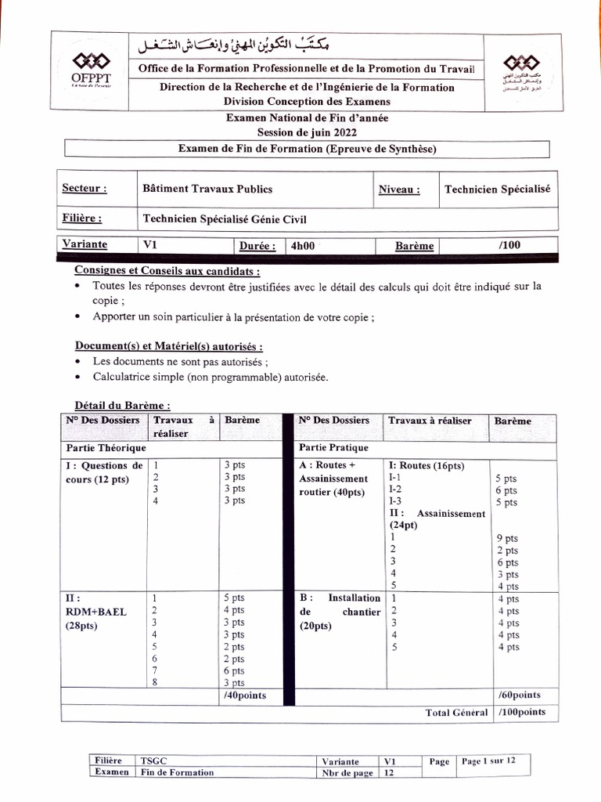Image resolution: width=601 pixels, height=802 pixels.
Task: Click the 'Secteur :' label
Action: point(84,189)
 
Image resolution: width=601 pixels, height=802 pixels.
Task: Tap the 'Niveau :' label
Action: point(398,189)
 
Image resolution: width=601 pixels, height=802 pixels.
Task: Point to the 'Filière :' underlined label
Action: point(81,219)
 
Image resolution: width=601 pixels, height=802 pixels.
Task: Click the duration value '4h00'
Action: point(302,245)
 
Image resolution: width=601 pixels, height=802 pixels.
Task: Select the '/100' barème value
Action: point(508,245)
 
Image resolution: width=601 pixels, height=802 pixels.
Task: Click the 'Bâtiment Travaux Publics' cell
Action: point(207,189)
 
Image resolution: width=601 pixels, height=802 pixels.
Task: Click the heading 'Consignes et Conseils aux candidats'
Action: point(167,271)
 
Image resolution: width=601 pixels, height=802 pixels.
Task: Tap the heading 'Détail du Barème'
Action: point(122,406)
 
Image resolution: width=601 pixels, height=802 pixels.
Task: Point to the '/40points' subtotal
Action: point(245,695)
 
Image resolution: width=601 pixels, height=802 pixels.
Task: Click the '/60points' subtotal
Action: point(519,695)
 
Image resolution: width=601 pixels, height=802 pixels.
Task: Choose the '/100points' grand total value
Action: point(521,712)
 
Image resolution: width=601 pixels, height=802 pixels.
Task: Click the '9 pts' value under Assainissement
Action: point(506,539)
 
